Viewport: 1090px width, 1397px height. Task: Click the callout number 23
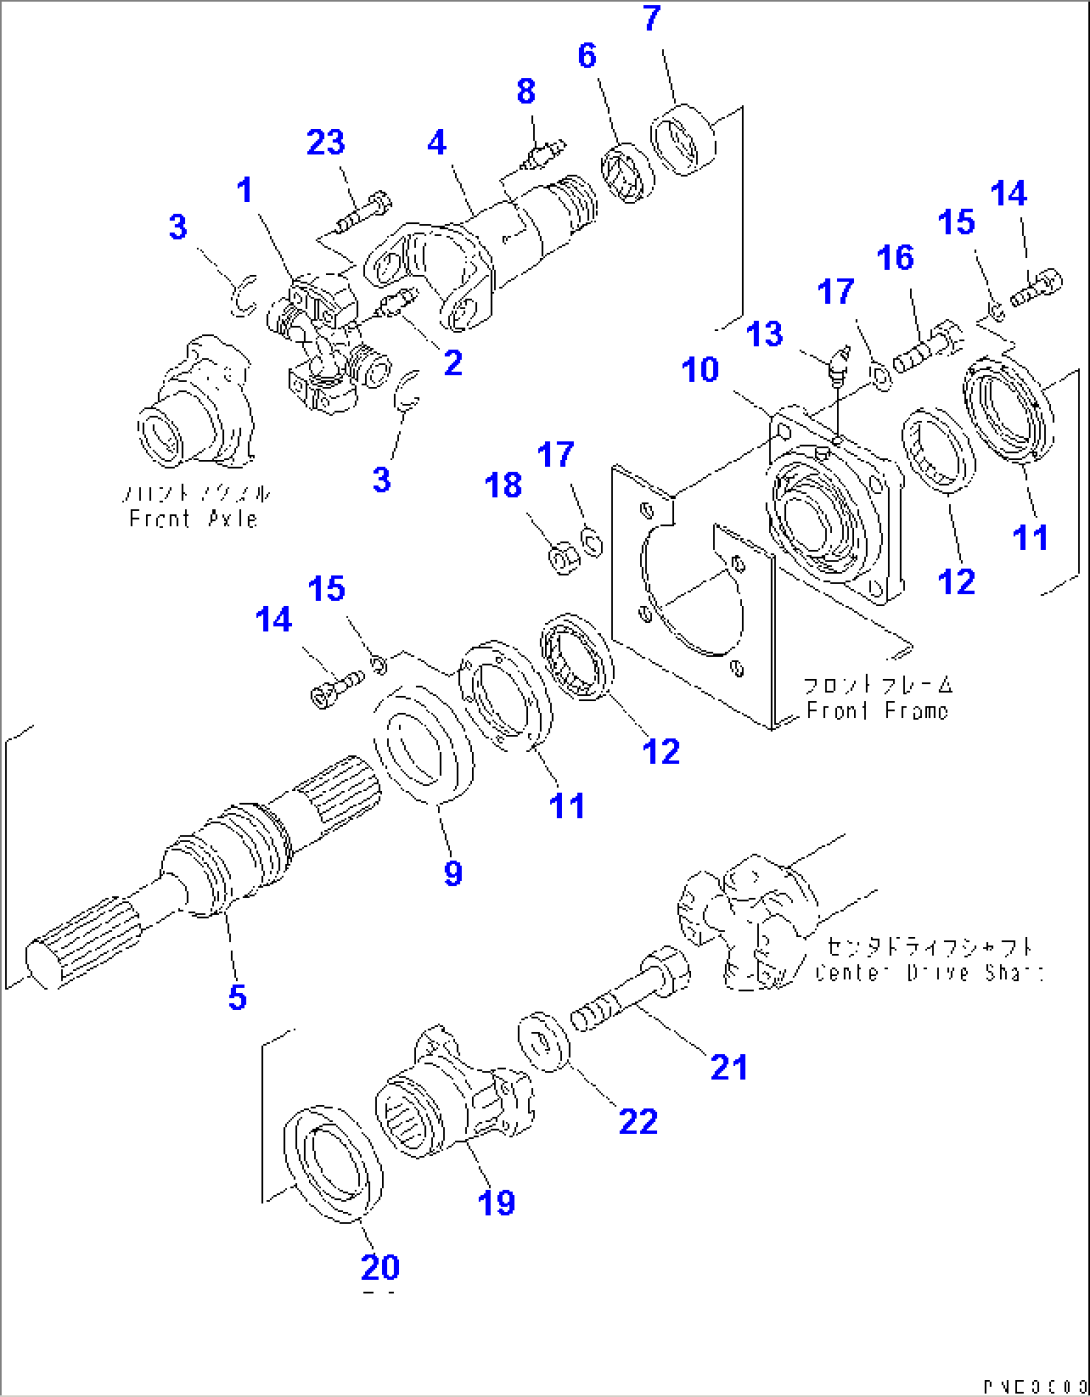click(325, 143)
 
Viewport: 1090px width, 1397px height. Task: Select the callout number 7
click(652, 18)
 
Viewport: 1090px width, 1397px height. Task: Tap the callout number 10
click(700, 370)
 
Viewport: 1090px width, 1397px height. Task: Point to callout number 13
click(765, 334)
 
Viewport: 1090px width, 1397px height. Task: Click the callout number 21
click(728, 1067)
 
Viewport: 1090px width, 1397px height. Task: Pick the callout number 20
click(380, 1267)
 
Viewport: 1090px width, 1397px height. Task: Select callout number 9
click(453, 873)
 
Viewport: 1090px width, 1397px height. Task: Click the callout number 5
click(237, 996)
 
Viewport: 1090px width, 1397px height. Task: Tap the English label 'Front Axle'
click(193, 519)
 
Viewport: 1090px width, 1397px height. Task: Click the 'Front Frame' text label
click(876, 711)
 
